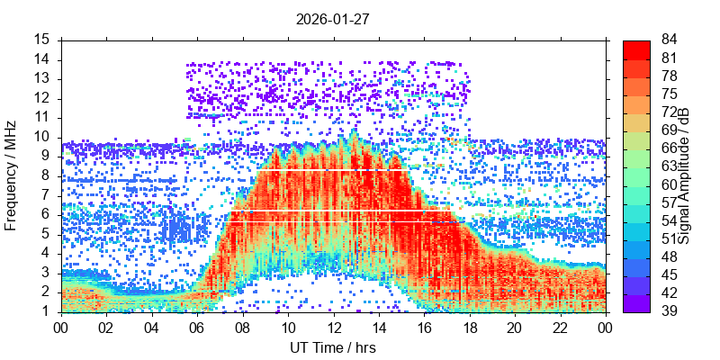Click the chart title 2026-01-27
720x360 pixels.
pyautogui.click(x=332, y=17)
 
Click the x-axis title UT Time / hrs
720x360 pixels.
pyautogui.click(x=332, y=347)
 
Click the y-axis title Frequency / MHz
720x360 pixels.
pyautogui.click(x=12, y=176)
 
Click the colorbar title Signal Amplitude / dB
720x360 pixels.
pyautogui.click(x=685, y=176)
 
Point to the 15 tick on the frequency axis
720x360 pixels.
pyautogui.click(x=42, y=40)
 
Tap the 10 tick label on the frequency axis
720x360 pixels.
pyautogui.click(x=42, y=137)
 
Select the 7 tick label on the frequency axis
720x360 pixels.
pyautogui.click(x=46, y=195)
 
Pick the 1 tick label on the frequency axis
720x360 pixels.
pyautogui.click(x=46, y=311)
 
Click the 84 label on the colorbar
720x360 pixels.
pyautogui.click(x=670, y=40)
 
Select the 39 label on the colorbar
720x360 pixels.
pyautogui.click(x=670, y=311)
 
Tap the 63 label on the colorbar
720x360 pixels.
pyautogui.click(x=670, y=166)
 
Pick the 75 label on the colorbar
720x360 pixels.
pyautogui.click(x=670, y=94)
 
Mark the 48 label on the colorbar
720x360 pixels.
pyautogui.click(x=670, y=257)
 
